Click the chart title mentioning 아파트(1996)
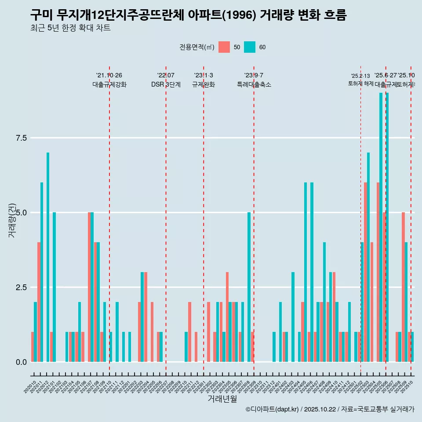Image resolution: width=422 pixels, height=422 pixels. [x=188, y=15]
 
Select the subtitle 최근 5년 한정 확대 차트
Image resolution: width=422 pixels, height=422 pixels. [x=70, y=28]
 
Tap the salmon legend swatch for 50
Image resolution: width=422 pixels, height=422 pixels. [x=224, y=47]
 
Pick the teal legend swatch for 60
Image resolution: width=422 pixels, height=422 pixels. [x=250, y=47]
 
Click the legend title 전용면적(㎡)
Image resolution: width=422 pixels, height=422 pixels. [x=196, y=47]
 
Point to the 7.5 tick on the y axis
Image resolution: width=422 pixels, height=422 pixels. [x=22, y=138]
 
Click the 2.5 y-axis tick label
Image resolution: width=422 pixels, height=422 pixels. [x=22, y=287]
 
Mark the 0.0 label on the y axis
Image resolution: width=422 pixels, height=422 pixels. [x=22, y=362]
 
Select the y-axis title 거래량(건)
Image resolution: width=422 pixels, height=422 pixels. [x=12, y=220]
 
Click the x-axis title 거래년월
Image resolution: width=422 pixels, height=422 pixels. [x=222, y=399]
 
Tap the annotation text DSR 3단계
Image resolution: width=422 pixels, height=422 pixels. [x=166, y=85]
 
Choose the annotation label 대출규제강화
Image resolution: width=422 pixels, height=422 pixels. [x=109, y=85]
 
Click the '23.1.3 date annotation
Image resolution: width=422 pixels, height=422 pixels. [x=204, y=75]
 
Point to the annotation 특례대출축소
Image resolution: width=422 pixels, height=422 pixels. [x=254, y=85]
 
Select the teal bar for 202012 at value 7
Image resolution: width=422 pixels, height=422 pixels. [x=48, y=257]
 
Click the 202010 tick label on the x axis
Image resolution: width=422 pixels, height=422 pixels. [x=30, y=387]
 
